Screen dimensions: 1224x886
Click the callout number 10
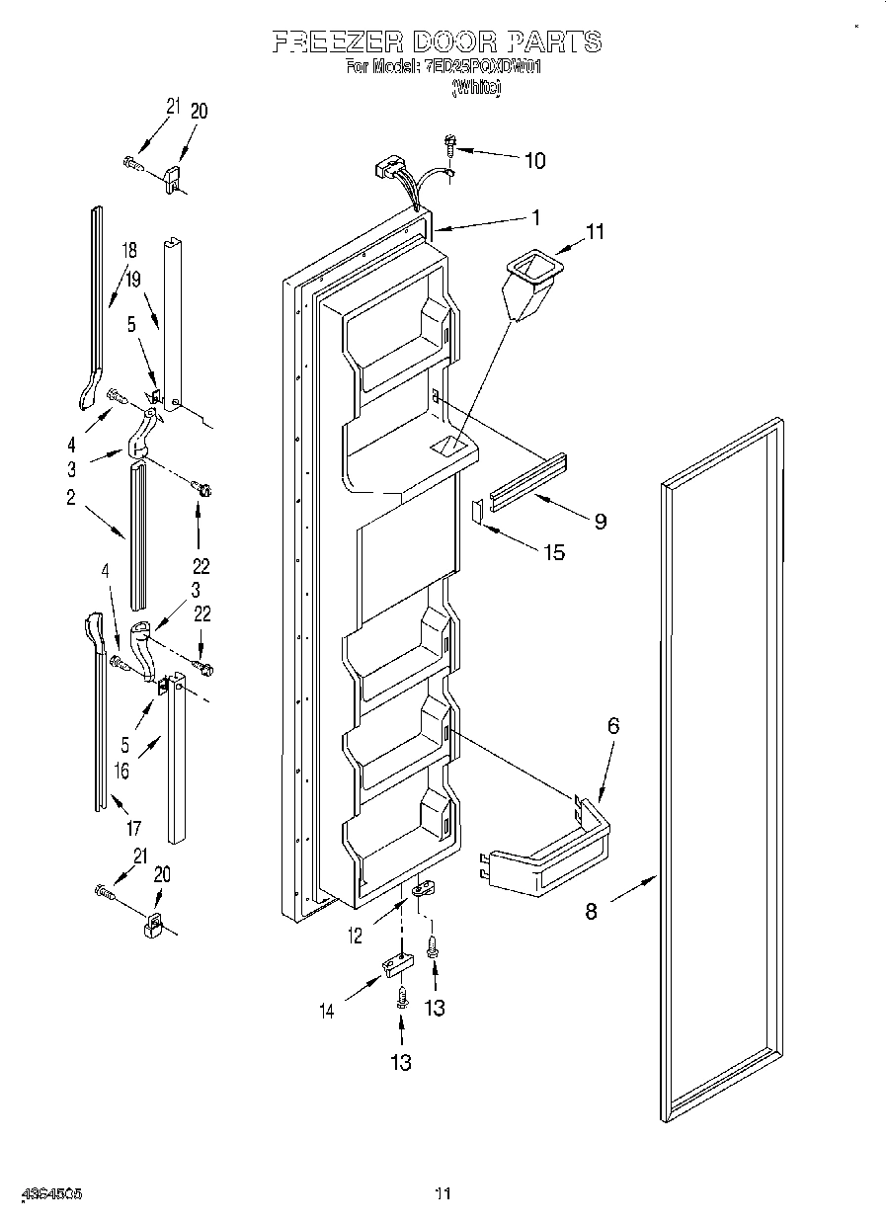tap(533, 161)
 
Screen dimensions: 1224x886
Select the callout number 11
tap(595, 232)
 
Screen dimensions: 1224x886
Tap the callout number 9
tap(600, 522)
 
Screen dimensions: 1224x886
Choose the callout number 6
tap(612, 726)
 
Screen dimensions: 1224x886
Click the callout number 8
tap(591, 911)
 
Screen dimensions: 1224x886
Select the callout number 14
tap(326, 1010)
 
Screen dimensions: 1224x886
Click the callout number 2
tap(71, 498)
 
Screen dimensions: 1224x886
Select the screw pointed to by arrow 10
tap(449, 145)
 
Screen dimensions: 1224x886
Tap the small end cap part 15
tap(476, 509)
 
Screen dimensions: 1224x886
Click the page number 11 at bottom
tap(442, 1193)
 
